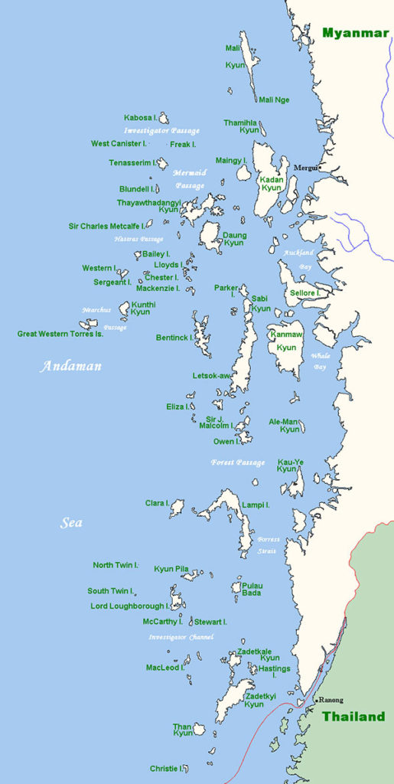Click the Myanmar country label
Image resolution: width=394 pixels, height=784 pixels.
click(355, 32)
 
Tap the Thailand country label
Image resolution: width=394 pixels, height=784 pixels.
click(353, 717)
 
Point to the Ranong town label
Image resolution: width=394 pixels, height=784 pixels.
click(331, 700)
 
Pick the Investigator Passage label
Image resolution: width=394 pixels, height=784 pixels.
click(161, 131)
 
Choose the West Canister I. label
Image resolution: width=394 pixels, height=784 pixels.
click(118, 143)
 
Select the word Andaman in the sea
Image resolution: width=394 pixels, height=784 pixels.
click(70, 366)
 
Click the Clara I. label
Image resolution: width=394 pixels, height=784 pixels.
click(156, 503)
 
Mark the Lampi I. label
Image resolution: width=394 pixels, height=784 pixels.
click(256, 505)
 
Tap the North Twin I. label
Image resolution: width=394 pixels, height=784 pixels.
click(116, 565)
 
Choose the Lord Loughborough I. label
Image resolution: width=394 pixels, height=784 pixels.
click(130, 606)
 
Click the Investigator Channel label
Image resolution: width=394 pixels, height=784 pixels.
click(181, 637)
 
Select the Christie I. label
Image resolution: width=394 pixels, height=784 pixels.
click(164, 768)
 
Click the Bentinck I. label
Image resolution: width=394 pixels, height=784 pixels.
click(174, 337)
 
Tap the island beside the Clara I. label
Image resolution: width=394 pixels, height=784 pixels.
click(177, 507)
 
